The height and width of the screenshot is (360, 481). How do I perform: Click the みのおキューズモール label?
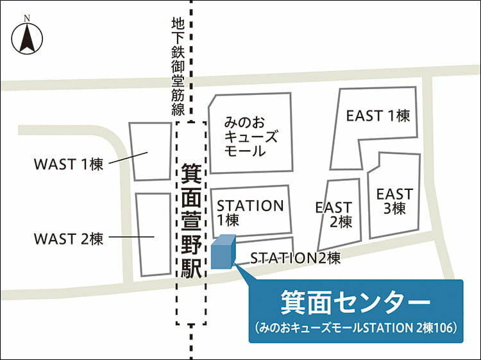251,136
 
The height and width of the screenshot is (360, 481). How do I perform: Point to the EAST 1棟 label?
378,116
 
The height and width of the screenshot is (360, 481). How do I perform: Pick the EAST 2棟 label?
334,214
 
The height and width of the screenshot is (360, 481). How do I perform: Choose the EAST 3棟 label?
394,200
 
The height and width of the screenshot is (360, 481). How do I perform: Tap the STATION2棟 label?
295,258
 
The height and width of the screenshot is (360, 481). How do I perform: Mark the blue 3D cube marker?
223,252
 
